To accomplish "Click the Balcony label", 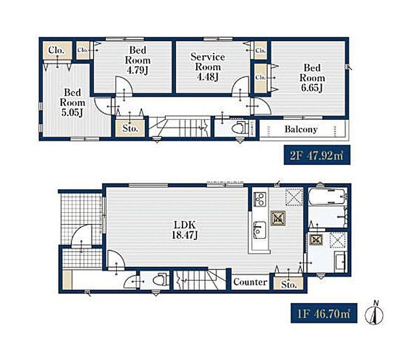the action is click(x=301, y=130).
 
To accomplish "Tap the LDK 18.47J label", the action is click(x=185, y=230).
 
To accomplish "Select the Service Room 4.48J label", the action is click(x=208, y=67).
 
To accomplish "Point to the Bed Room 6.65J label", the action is click(x=312, y=78).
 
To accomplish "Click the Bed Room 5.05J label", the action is click(x=72, y=103).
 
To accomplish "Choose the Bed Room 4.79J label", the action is click(x=138, y=60).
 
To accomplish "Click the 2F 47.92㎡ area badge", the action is click(x=317, y=155).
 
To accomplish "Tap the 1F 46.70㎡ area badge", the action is click(x=324, y=313).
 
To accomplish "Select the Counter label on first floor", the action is click(x=250, y=282).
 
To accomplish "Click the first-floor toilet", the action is click(x=160, y=280).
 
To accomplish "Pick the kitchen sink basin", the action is click(x=259, y=230).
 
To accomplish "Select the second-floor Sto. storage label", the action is click(x=130, y=128).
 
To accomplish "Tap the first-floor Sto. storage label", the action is click(x=289, y=284).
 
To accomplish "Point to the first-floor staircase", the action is click(x=199, y=280).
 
